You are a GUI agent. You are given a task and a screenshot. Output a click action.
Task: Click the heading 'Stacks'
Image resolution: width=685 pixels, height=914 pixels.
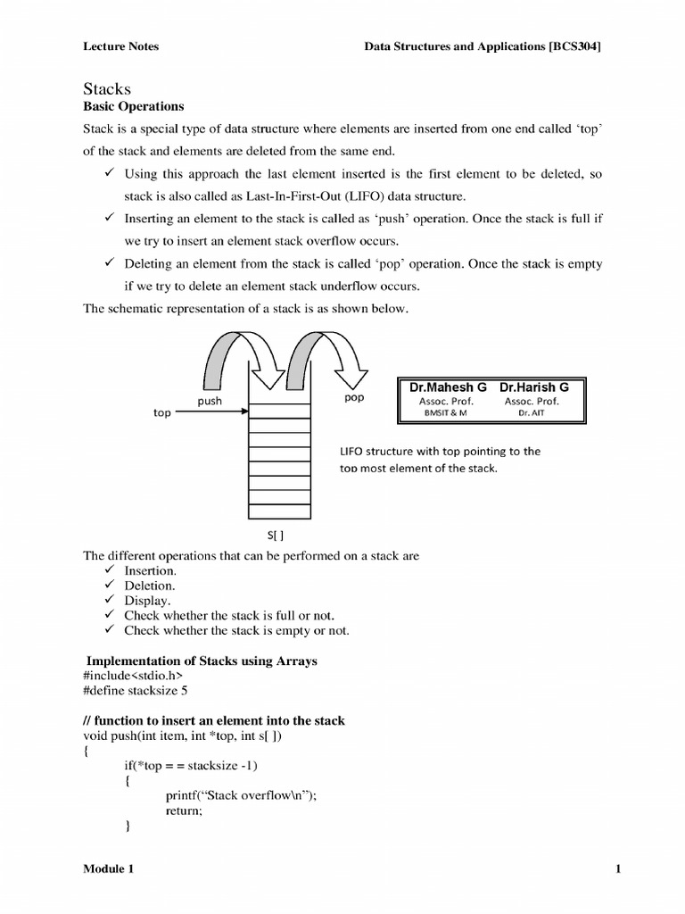[107, 88]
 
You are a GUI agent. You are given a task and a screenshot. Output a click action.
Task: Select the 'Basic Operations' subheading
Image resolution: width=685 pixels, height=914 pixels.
[133, 106]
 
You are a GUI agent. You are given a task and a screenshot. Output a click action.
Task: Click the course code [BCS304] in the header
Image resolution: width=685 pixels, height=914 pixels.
[574, 46]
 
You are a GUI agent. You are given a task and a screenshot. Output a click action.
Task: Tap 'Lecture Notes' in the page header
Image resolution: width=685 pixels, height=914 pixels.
[120, 46]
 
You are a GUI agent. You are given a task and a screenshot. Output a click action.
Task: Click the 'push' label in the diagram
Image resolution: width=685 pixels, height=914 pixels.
[210, 402]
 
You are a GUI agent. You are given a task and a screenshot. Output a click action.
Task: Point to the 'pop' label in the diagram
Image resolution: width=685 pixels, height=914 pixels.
[354, 397]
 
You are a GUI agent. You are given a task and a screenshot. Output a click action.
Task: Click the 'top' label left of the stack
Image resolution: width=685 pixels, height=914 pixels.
[161, 414]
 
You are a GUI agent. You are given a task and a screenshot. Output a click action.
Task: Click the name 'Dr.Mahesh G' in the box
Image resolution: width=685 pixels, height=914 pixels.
[448, 387]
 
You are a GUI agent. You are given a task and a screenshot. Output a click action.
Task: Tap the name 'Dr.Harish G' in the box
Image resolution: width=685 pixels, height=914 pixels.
[533, 387]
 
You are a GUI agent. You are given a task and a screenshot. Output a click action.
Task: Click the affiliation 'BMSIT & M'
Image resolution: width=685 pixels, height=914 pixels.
[445, 413]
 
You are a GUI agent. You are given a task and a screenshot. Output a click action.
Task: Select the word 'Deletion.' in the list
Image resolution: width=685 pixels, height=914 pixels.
[150, 586]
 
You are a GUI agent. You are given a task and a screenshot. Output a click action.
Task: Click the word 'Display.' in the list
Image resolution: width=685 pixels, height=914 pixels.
[147, 601]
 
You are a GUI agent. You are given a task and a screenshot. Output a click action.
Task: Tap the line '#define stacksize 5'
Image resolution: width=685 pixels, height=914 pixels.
[136, 690]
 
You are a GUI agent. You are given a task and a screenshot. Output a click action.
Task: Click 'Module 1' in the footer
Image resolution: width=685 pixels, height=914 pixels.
[110, 868]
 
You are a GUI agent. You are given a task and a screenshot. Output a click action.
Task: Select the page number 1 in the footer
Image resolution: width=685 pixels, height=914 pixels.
[617, 868]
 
